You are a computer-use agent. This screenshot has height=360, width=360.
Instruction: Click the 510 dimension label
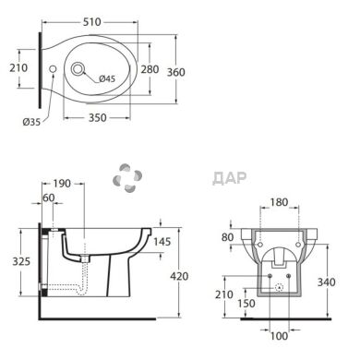[x=92, y=22]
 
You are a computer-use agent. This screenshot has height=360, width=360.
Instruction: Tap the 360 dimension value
[x=176, y=72]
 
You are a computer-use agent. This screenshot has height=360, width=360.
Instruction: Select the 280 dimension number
[x=150, y=69]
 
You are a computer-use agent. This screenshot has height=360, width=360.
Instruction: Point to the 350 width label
[x=98, y=117]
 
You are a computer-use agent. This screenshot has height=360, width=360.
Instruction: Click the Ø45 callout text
[x=107, y=78]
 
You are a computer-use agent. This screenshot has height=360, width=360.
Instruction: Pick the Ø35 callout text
[x=31, y=122]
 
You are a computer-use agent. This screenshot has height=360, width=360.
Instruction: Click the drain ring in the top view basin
[x=78, y=69]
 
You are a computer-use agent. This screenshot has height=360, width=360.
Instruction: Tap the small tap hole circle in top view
[x=53, y=69]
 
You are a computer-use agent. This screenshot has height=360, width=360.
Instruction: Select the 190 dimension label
[x=62, y=184]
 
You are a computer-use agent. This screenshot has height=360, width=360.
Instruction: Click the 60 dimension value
[x=49, y=198]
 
